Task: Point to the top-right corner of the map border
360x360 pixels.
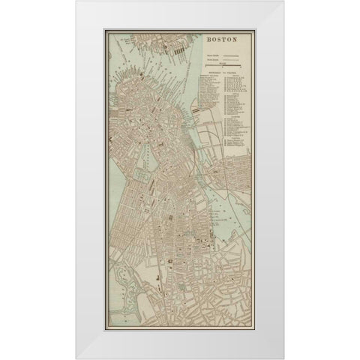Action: click(254, 30)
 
